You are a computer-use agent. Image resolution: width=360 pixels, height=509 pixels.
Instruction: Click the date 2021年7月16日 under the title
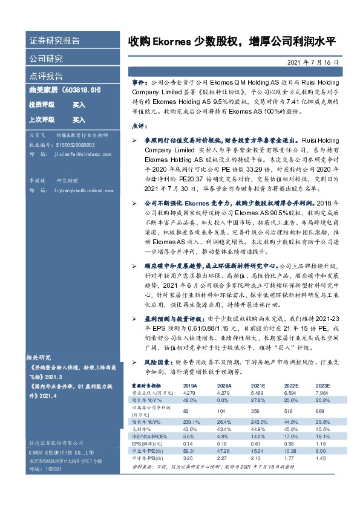point(318,62)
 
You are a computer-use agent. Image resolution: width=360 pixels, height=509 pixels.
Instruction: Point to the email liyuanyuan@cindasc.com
point(82,190)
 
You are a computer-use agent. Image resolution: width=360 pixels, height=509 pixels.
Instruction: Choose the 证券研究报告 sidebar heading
point(54,41)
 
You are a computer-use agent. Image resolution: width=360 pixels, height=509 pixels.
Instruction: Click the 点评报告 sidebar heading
point(46,76)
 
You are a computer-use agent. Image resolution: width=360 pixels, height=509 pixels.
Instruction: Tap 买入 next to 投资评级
point(62,105)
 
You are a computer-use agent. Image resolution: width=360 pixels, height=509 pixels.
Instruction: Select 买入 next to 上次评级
point(62,120)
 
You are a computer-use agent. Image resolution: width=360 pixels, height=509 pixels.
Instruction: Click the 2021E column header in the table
point(259,384)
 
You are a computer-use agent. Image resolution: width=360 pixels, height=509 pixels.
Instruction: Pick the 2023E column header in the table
point(322,384)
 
